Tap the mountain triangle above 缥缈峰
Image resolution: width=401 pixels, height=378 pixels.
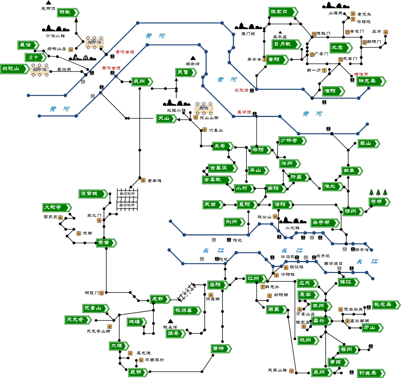[x=193, y=58]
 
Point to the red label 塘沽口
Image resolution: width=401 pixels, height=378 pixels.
[x=361, y=74]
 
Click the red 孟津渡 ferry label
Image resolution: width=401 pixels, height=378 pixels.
[x=244, y=112]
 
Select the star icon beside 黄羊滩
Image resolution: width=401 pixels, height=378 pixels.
[x=143, y=180]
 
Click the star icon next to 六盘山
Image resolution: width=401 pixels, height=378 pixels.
[x=204, y=130]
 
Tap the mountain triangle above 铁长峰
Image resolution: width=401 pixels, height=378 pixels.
[x=170, y=321]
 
